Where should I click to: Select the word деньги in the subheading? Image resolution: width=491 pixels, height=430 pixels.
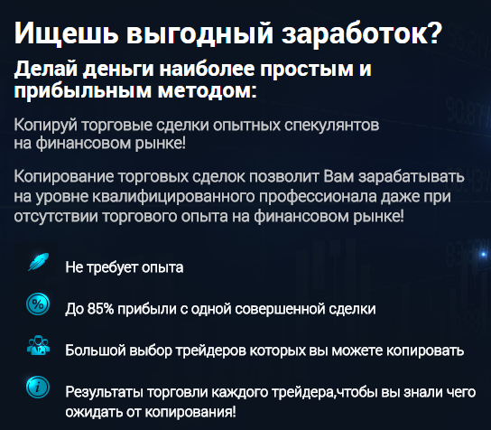(118, 70)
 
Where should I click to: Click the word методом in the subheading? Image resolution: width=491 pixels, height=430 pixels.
(207, 90)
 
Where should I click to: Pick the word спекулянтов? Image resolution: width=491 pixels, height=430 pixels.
(331, 126)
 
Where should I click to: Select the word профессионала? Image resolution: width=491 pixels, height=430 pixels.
(318, 197)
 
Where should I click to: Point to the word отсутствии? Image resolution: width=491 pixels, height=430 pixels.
(56, 217)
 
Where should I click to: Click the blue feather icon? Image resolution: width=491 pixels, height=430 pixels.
(39, 262)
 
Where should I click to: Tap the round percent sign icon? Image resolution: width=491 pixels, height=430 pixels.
(38, 304)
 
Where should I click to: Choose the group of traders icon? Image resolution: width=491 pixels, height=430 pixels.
(38, 345)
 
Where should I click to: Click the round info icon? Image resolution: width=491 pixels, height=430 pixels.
(38, 387)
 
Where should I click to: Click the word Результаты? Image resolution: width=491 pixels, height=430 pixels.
(104, 392)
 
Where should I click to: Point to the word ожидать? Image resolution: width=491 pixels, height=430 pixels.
(94, 412)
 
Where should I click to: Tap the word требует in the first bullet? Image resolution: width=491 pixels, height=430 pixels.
(113, 268)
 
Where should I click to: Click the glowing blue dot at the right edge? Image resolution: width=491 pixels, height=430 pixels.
(483, 254)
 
